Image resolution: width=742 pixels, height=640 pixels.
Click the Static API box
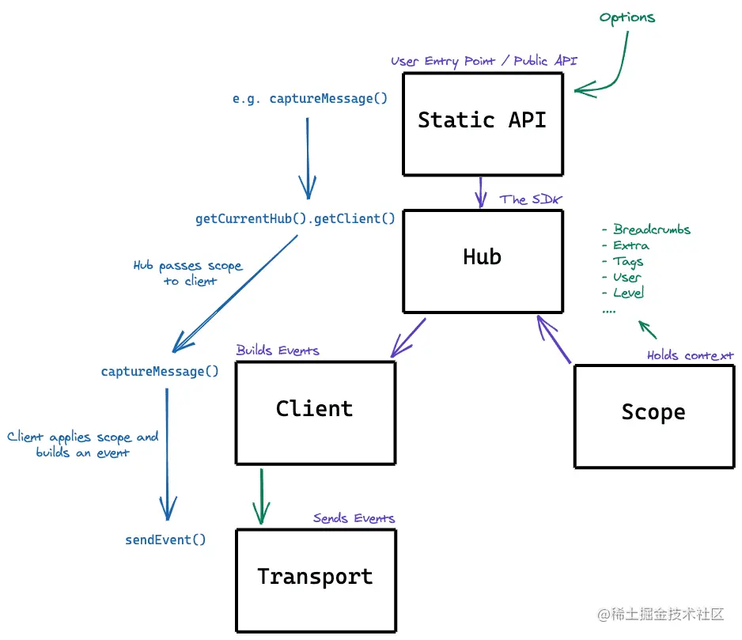pyautogui.click(x=483, y=123)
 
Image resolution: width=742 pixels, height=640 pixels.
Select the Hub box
pyautogui.click(x=483, y=260)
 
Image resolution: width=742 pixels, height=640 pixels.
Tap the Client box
pyautogui.click(x=315, y=412)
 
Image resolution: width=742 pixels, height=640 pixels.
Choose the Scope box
pyautogui.click(x=653, y=415)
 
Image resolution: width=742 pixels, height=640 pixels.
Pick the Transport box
pyautogui.click(x=315, y=580)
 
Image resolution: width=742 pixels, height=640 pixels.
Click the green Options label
pyautogui.click(x=627, y=17)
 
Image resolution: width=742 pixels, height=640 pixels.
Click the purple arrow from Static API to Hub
pyautogui.click(x=479, y=191)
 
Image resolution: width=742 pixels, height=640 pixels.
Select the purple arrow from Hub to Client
pyautogui.click(x=408, y=338)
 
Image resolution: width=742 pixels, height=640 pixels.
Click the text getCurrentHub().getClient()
pyautogui.click(x=295, y=219)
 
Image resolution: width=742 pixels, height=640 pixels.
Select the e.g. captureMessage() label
pyautogui.click(x=310, y=99)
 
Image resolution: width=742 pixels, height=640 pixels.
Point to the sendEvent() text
pyautogui.click(x=165, y=540)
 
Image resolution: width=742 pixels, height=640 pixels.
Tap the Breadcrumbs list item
pyautogui.click(x=651, y=229)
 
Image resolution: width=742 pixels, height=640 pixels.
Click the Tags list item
pyautogui.click(x=627, y=261)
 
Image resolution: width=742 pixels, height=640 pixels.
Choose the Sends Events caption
pyautogui.click(x=354, y=519)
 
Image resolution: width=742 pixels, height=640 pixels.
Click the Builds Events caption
pyautogui.click(x=278, y=350)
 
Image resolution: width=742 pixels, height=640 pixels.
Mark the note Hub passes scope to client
pyautogui.click(x=188, y=273)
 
